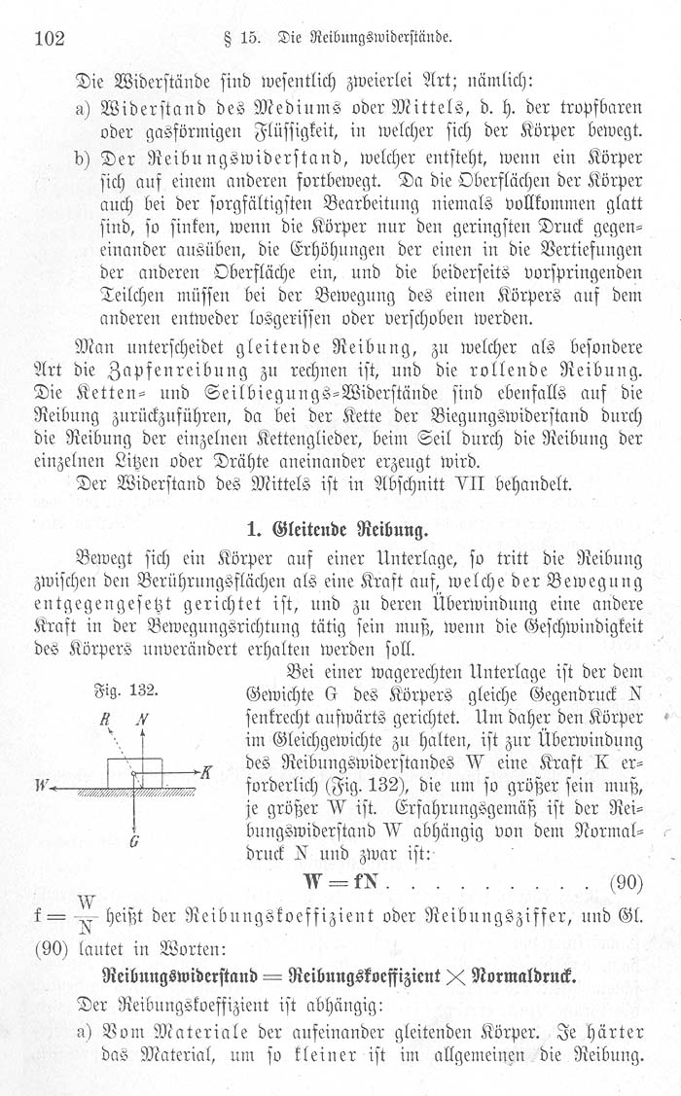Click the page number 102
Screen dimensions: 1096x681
49,40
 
